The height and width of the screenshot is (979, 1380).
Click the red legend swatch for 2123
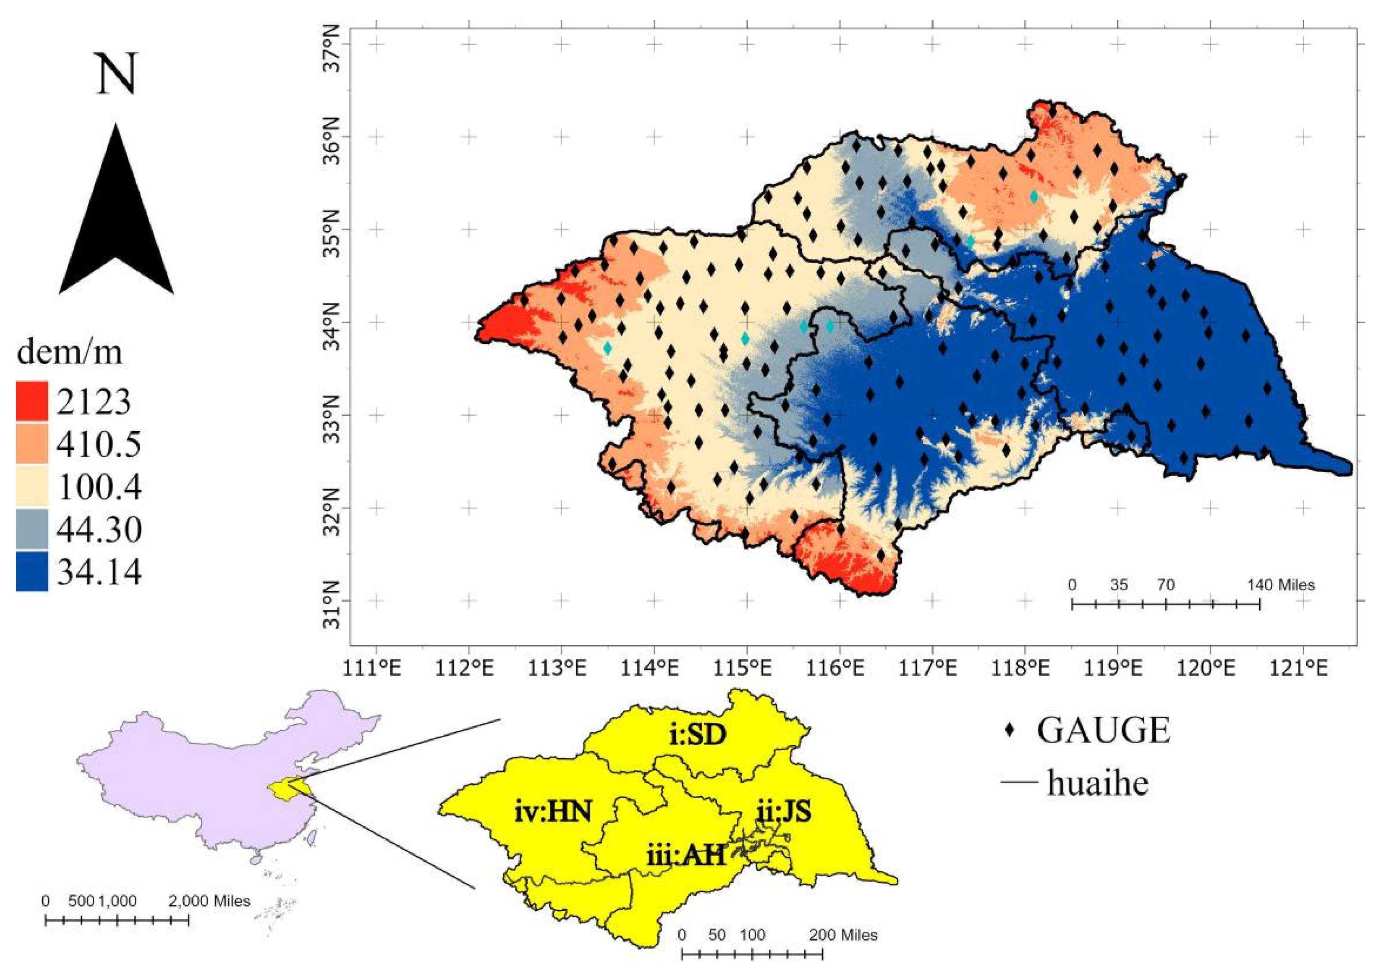coord(31,401)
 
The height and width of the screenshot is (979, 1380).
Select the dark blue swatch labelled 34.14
coord(31,571)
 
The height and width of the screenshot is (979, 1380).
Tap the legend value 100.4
coord(100,486)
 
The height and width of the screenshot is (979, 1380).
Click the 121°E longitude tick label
coord(1303,668)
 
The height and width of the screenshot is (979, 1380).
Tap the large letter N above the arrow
coord(116,74)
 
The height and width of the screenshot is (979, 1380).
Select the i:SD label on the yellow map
coord(697,735)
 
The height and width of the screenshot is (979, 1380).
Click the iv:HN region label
coord(553,811)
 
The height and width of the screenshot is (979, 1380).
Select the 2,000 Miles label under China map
coord(209,901)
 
